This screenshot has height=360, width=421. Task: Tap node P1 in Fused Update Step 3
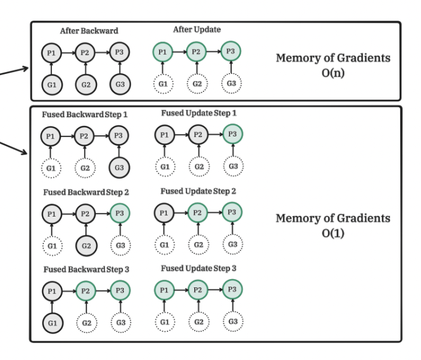point(163,291)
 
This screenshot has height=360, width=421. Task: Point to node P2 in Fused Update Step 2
point(198,212)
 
